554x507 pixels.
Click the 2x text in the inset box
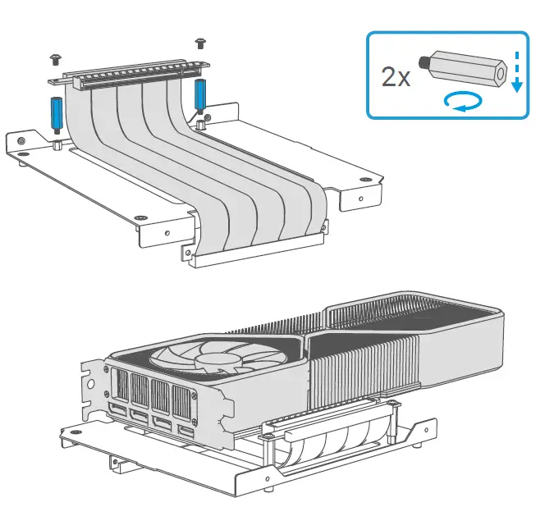(397, 78)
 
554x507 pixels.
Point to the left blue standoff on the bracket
(57, 115)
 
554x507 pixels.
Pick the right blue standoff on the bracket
(200, 95)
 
